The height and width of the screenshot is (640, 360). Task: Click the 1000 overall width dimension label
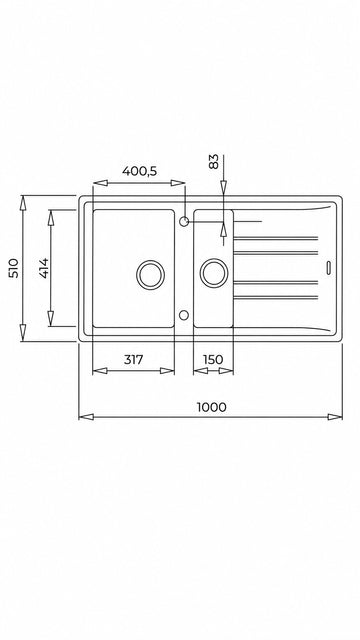[x=211, y=407]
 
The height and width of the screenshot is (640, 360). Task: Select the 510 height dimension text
[x=14, y=268]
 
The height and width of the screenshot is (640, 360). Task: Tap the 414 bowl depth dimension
[x=43, y=268]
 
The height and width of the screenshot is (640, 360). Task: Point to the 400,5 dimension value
[x=139, y=171]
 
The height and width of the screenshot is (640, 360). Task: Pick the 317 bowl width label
[x=133, y=360]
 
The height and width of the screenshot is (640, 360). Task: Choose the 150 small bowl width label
[x=213, y=360]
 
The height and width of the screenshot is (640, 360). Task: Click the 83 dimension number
[x=213, y=161]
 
